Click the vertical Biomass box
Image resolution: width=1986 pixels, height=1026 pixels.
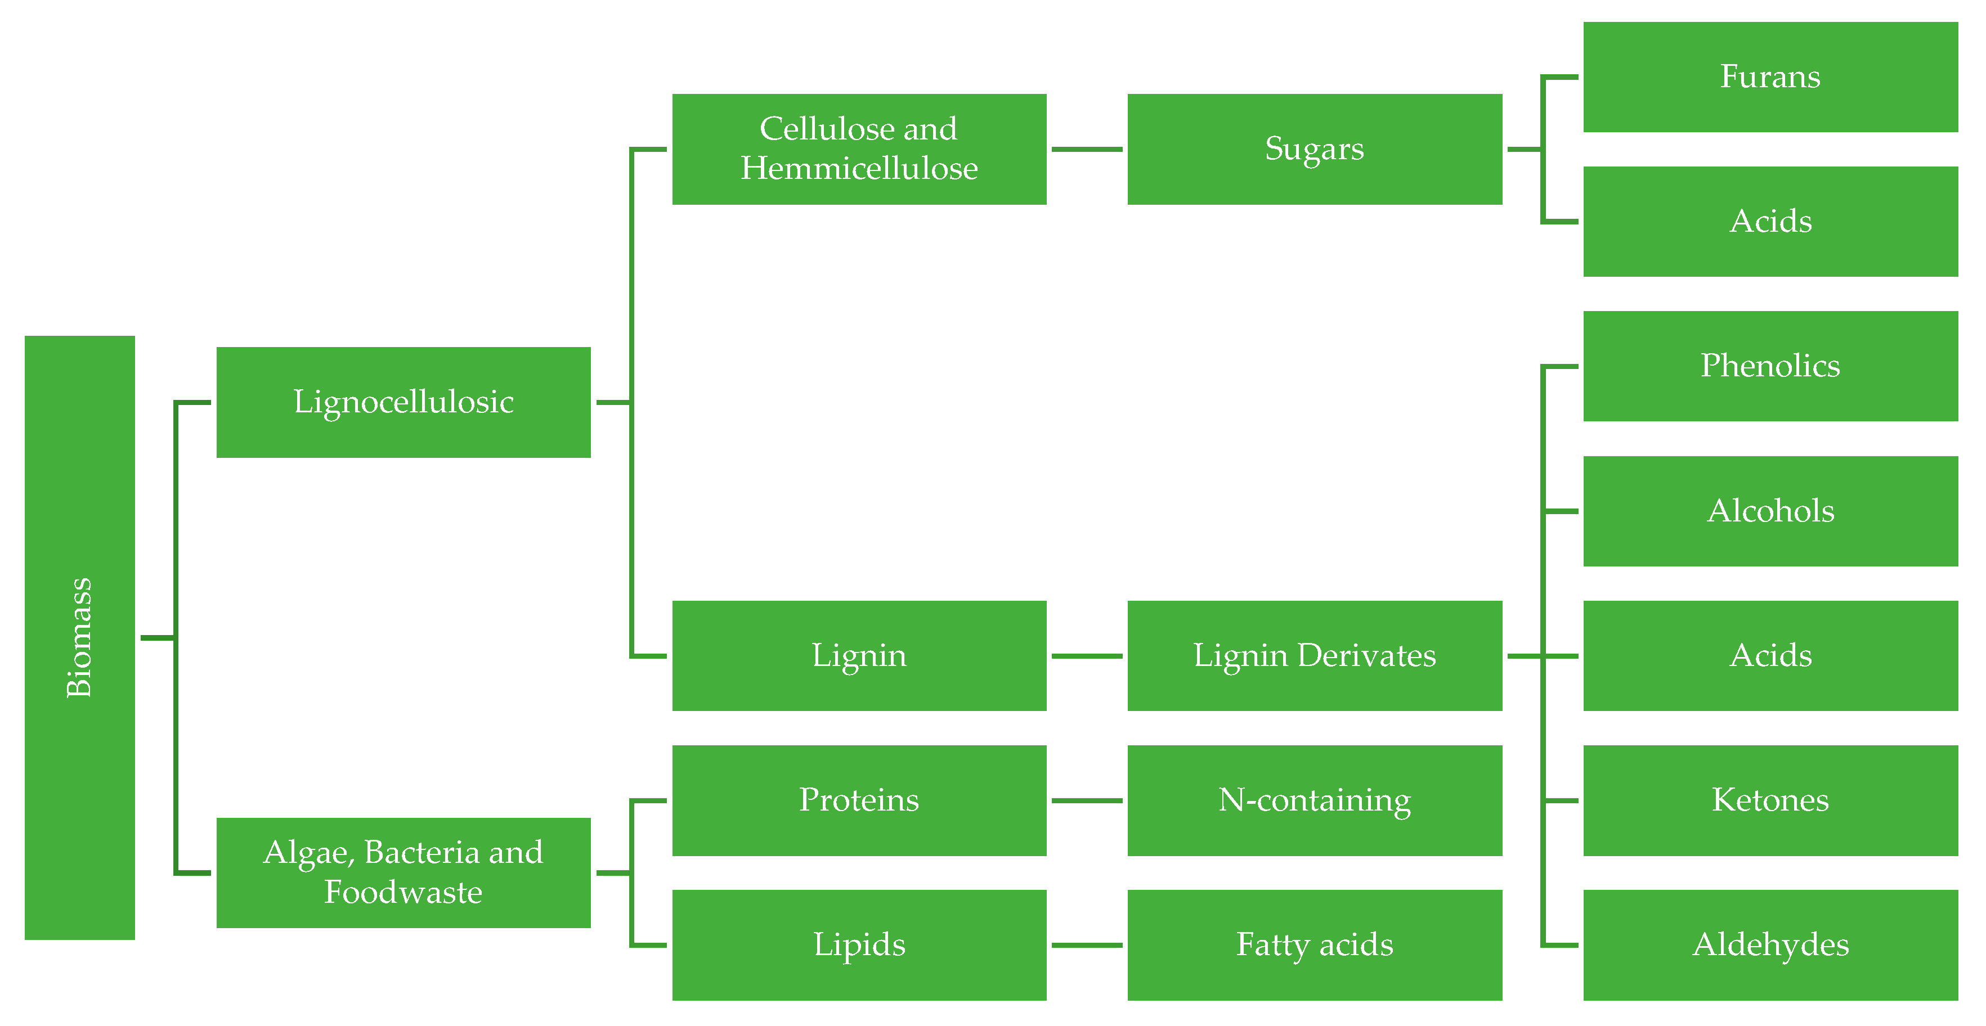point(79,637)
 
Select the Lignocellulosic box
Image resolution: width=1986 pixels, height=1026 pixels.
point(403,402)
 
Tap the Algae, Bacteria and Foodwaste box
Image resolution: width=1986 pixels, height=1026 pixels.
point(403,872)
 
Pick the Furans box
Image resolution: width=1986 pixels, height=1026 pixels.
point(1770,77)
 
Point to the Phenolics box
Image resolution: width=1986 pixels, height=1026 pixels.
point(1770,366)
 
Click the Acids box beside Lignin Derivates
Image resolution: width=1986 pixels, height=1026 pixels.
point(1770,656)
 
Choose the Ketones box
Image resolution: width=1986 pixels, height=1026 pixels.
point(1770,800)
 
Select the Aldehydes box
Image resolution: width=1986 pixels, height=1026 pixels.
point(1770,945)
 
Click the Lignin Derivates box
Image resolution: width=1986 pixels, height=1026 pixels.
point(1315,656)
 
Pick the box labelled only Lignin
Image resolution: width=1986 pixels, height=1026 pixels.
point(859,656)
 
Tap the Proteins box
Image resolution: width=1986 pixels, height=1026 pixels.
point(859,800)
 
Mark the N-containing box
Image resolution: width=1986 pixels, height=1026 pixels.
point(1315,800)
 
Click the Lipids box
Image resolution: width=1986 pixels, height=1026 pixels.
point(859,945)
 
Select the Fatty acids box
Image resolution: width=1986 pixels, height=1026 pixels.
point(1315,945)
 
